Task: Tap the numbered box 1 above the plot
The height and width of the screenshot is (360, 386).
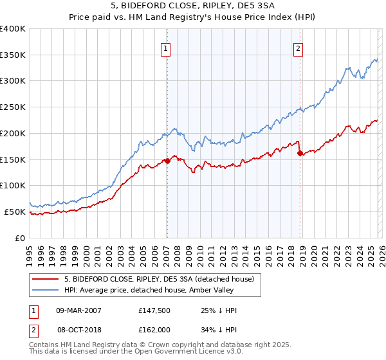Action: (x=166, y=48)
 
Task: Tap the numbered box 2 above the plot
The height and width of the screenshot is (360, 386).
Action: (x=299, y=48)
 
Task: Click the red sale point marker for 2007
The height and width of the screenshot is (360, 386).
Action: (x=167, y=161)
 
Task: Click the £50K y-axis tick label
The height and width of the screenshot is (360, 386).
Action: (x=15, y=212)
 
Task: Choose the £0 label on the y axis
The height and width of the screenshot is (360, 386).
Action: (x=21, y=238)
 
